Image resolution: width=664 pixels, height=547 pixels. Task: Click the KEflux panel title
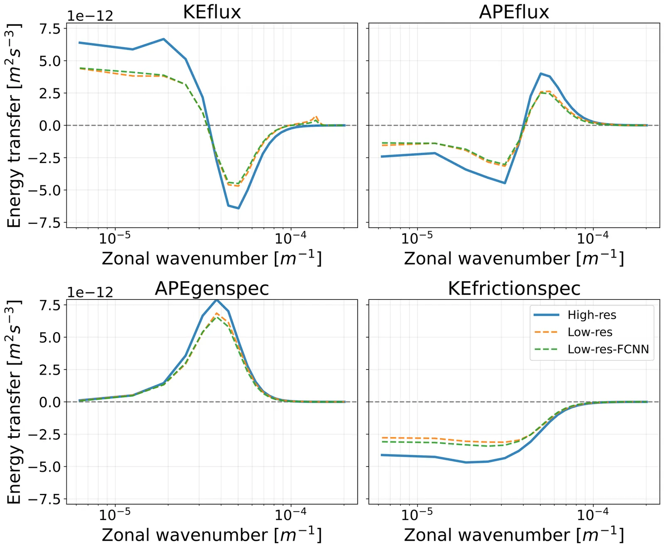212,12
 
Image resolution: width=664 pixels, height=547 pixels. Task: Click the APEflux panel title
514,12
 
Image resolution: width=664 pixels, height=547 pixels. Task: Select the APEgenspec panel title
212,289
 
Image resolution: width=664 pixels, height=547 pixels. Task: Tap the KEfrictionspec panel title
514,289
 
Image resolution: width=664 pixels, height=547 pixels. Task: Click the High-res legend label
592,315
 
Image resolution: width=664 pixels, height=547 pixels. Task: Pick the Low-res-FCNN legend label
608,349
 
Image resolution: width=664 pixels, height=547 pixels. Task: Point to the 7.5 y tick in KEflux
50,29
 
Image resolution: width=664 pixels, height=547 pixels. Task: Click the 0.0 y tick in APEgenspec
50,402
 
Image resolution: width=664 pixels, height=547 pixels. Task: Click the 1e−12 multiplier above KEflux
90,16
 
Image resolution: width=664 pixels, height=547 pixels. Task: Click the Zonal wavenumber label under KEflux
212,258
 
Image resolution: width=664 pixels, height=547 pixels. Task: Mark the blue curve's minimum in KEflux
239,208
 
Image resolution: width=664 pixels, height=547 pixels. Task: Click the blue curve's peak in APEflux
540,73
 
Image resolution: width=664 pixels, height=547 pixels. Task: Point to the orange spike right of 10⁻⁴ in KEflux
317,117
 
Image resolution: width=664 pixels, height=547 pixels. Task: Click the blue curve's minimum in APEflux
505,183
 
